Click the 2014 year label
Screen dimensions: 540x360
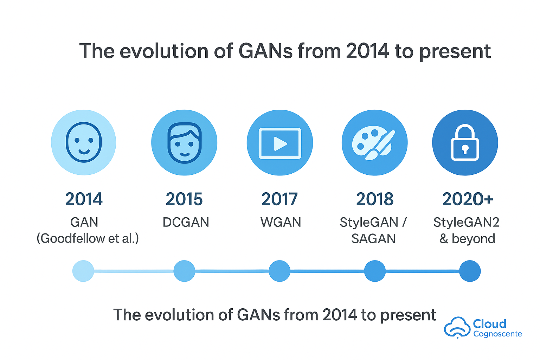coord(84,199)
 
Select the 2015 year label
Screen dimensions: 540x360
coord(184,199)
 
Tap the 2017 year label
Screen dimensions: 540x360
coord(279,199)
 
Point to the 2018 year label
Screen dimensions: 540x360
coord(375,199)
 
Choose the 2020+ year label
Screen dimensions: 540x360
coord(468,199)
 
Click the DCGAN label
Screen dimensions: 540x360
coord(186,222)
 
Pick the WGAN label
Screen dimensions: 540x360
coord(281,222)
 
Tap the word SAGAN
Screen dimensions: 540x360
coord(373,239)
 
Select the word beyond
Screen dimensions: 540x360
coord(474,239)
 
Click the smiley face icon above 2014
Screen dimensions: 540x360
coord(84,142)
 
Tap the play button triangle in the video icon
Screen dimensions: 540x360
coord(280,144)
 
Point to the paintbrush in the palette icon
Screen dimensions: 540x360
coord(380,145)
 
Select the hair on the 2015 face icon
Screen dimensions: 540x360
coord(185,133)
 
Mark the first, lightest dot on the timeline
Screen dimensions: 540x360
coord(83,271)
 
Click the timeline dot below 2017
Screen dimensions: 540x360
coord(279,271)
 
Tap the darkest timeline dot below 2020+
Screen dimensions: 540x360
coord(470,271)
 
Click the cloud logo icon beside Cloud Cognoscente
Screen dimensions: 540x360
coord(457,327)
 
